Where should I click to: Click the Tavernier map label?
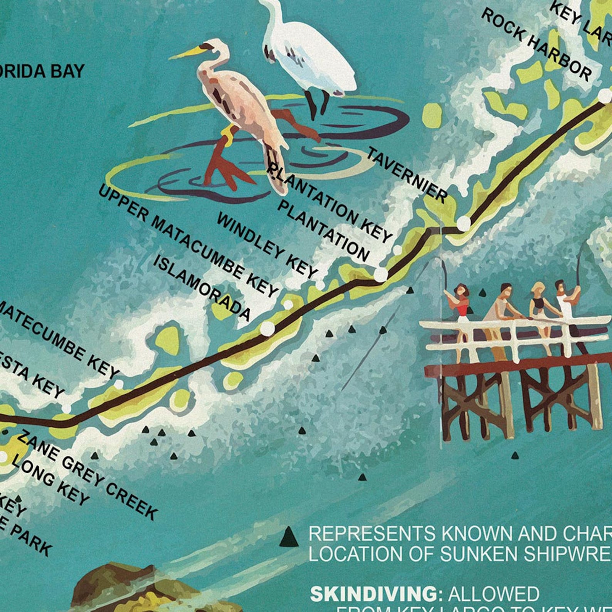tap(407, 175)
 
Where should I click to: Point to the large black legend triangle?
tap(289, 538)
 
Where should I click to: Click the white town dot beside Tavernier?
tap(464, 222)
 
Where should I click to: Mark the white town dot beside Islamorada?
tap(267, 328)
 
